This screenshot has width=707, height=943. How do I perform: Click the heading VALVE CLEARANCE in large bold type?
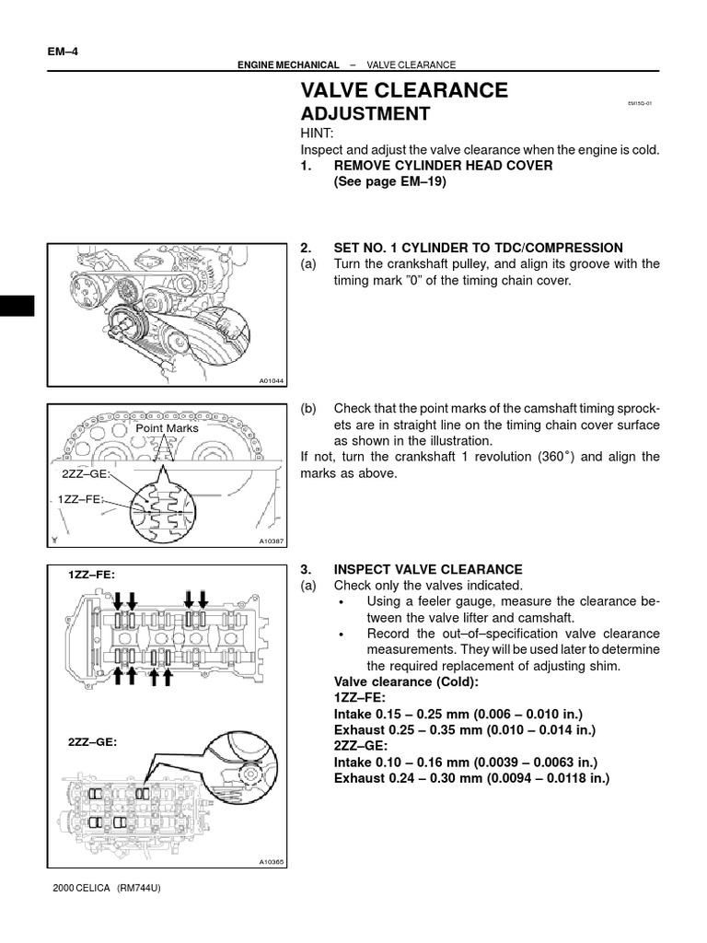click(404, 90)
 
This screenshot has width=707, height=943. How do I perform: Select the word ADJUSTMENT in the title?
click(365, 114)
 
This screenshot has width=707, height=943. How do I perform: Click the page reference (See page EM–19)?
click(389, 182)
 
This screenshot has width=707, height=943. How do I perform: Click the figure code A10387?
click(272, 541)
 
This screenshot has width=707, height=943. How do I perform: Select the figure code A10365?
click(272, 862)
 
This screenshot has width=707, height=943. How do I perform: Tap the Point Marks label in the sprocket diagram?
click(167, 428)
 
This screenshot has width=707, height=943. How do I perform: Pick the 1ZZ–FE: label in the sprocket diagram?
click(77, 499)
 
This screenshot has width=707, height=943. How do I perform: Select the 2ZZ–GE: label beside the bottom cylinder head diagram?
click(92, 740)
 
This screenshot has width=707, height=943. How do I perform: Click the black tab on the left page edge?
click(17, 307)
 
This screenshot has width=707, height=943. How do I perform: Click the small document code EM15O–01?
click(639, 104)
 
